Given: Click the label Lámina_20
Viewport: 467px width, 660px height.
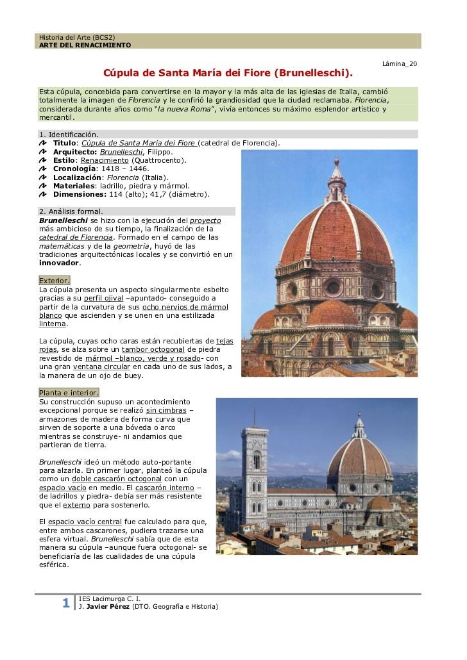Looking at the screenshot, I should click(399, 64).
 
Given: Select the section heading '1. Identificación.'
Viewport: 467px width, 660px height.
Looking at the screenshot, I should click(69, 135).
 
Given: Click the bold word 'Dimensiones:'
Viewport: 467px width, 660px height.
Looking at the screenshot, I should click(80, 194).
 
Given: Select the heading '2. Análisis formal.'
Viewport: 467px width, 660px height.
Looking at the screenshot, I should click(71, 211).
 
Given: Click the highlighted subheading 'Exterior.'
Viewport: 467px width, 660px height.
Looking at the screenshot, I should click(55, 281).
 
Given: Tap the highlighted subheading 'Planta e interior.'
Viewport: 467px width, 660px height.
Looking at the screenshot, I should click(69, 392).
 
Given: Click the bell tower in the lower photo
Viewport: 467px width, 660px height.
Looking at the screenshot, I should click(255, 468).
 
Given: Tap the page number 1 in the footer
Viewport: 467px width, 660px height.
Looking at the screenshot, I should click(65, 602).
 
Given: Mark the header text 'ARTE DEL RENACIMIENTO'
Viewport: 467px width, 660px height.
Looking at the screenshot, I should click(85, 45).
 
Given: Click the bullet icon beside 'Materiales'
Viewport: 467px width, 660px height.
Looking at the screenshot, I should click(43, 186).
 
